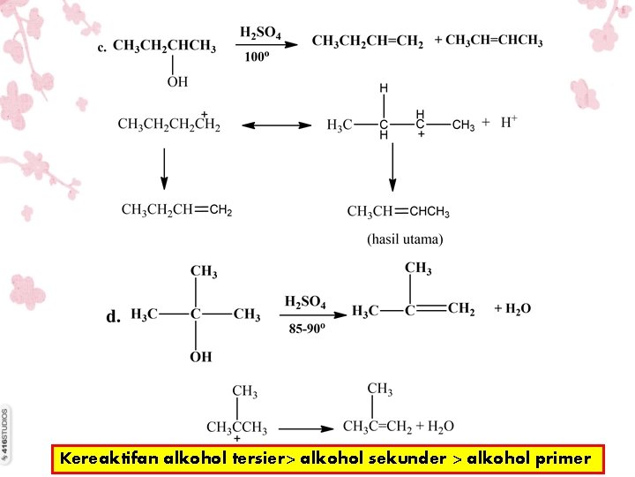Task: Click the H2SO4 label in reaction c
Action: [x=260, y=34]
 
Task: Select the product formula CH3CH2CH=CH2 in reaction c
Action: [x=367, y=42]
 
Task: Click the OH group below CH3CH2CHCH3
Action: [x=177, y=81]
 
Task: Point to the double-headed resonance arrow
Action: [x=278, y=125]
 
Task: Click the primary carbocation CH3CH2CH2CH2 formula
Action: [x=169, y=125]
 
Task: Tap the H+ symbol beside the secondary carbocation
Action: [x=509, y=122]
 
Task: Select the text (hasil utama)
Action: [x=405, y=238]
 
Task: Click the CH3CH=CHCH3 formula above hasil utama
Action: [x=399, y=212]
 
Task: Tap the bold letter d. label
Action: [x=113, y=316]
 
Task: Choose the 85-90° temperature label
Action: [x=306, y=329]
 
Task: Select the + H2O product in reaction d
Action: [x=512, y=308]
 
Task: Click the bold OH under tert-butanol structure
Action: [x=201, y=357]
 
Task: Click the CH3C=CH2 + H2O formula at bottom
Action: [x=398, y=427]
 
